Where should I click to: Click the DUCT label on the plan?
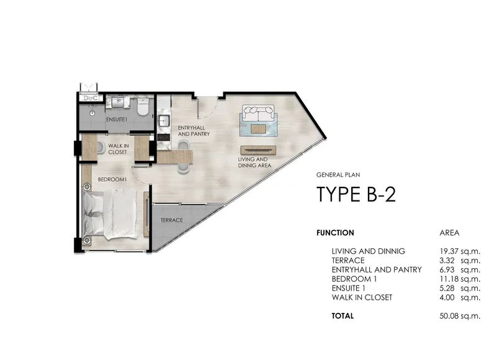[92, 98]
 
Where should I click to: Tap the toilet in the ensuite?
[143, 107]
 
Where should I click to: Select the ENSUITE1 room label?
[117, 119]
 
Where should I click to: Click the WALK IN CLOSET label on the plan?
[119, 149]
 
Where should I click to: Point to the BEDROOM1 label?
[112, 179]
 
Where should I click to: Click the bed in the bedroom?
[110, 214]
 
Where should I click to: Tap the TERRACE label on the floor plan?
[172, 220]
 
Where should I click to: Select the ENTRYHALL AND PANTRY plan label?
[194, 131]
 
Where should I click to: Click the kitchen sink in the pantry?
[163, 120]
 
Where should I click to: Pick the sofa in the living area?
[258, 114]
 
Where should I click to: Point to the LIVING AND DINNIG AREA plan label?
[254, 163]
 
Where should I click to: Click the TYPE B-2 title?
[356, 194]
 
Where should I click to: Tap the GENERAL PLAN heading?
[338, 175]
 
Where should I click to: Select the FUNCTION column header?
[335, 233]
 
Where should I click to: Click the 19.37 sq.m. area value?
[460, 251]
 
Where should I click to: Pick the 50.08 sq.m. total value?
[460, 316]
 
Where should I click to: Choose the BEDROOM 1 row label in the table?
[354, 279]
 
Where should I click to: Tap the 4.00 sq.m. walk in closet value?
[460, 297]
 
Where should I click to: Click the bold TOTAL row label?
[343, 316]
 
